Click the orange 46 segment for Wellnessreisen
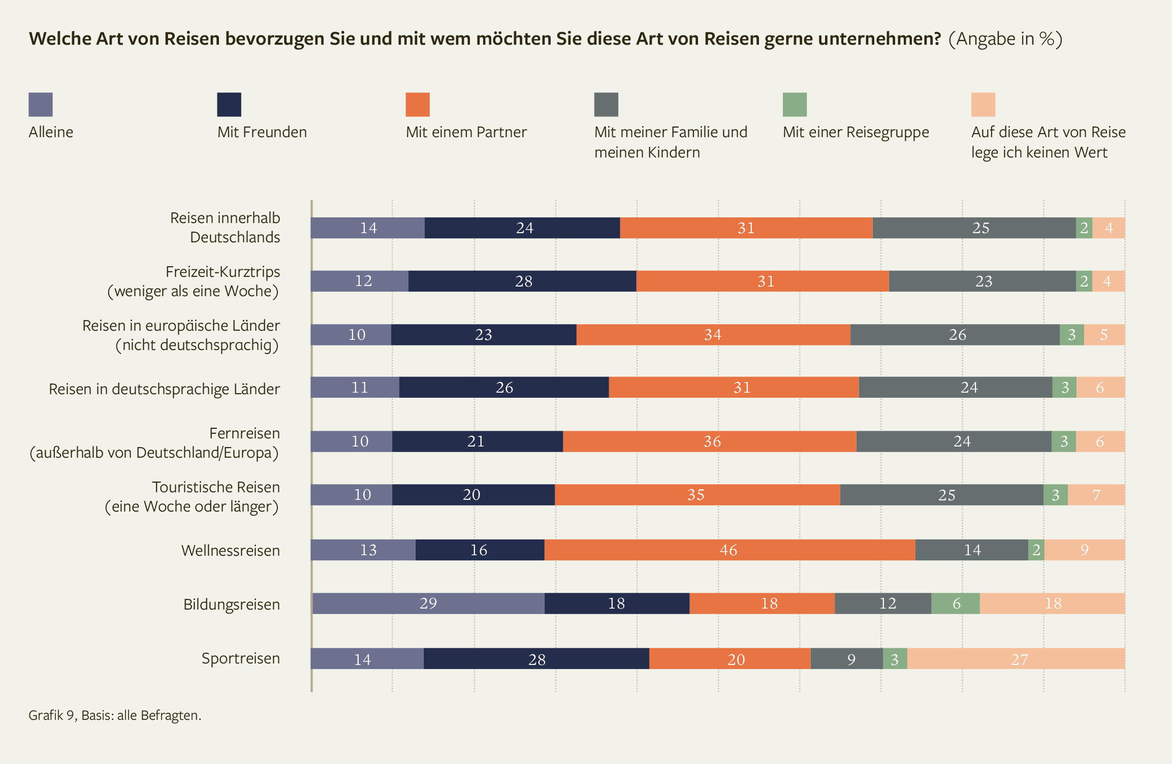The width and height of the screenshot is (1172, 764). pos(729,550)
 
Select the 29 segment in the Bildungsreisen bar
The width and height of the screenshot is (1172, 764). pos(428,603)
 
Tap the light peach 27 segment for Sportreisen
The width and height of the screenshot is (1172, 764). pos(1016,659)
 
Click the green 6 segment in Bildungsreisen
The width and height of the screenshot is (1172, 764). pos(956,603)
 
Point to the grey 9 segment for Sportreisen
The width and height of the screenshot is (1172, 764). pos(847,659)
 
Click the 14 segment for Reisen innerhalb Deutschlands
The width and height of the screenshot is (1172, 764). pos(368,228)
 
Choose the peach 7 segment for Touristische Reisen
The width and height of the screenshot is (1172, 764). pos(1096,495)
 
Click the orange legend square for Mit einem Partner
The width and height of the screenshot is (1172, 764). pos(418,105)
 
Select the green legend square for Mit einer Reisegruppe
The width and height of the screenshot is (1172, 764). pos(795,105)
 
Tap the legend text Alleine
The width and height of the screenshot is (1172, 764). pos(51,133)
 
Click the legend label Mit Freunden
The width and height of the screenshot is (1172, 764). pos(262,133)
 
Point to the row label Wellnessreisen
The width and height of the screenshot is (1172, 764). pos(231,551)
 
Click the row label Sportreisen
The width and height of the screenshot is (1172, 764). pos(241,658)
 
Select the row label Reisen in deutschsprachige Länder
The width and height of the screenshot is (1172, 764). pos(164,389)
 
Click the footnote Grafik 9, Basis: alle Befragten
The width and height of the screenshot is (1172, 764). pos(115,715)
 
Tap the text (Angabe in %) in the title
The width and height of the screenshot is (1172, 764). pos(1005,39)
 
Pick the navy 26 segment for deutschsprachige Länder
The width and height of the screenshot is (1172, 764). pos(504,388)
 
